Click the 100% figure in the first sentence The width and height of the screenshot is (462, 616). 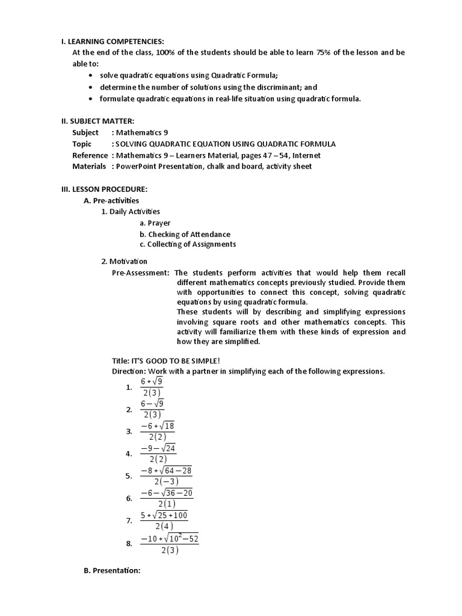[x=167, y=52]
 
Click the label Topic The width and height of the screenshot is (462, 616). [x=82, y=144]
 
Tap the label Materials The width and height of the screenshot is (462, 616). [x=89, y=166]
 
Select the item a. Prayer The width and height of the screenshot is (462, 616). [x=155, y=223]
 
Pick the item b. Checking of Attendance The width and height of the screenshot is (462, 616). [x=185, y=234]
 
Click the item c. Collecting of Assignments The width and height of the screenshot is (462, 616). [x=187, y=244]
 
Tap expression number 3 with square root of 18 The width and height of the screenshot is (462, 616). [x=158, y=431]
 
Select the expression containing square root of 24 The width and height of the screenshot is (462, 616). [x=158, y=454]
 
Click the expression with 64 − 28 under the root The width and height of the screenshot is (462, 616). [x=166, y=476]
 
